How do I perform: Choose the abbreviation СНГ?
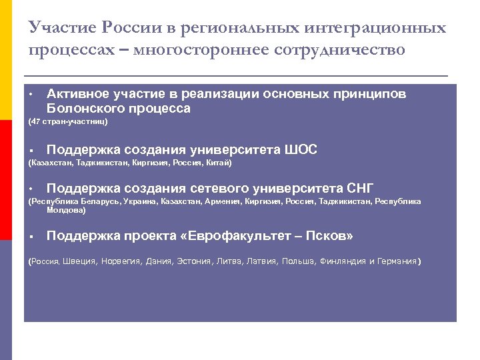point(361,188)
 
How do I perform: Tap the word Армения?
point(223,201)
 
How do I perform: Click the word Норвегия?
point(121,261)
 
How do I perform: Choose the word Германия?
point(397,261)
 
